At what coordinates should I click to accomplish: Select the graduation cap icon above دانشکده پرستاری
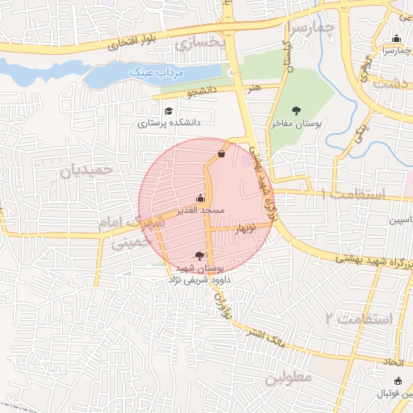pyautogui.click(x=168, y=111)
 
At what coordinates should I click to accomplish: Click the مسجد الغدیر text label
pyautogui.click(x=201, y=211)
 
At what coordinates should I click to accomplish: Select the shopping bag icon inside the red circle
pyautogui.click(x=221, y=153)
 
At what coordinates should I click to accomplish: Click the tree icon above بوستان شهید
pyautogui.click(x=199, y=255)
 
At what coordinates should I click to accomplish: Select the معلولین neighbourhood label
pyautogui.click(x=287, y=378)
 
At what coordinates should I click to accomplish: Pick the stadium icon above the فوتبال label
pyautogui.click(x=396, y=381)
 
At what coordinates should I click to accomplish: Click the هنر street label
pyautogui.click(x=255, y=86)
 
